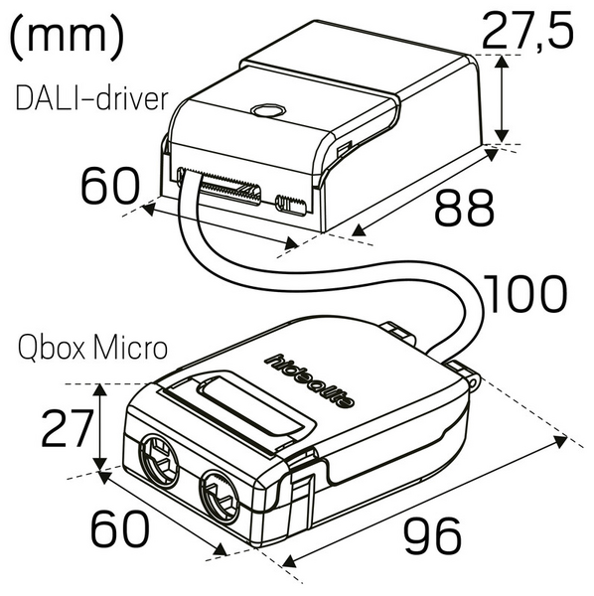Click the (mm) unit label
pos(68,37)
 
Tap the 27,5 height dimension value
pos(527,32)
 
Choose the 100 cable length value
pos(525,295)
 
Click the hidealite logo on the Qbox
pos(314,382)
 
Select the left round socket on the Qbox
pos(159,460)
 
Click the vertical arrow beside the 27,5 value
pos(504,97)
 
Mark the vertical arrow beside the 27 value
pos(98,428)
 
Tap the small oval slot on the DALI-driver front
pos(288,204)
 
